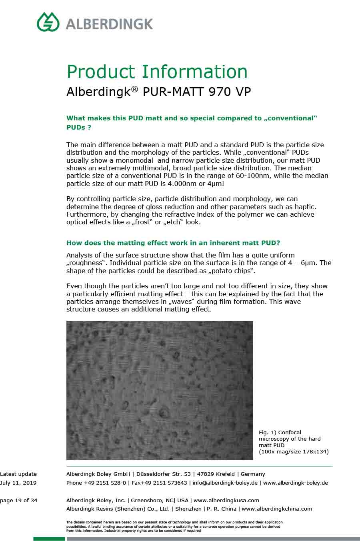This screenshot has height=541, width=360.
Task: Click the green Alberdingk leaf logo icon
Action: click(48, 22)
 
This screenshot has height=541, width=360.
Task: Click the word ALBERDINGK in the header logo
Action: click(109, 24)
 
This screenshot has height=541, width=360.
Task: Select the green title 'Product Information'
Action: click(157, 72)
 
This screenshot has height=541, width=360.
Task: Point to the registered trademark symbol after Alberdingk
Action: click(134, 89)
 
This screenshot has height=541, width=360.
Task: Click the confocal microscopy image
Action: click(160, 390)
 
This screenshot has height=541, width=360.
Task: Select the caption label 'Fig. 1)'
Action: click(267, 432)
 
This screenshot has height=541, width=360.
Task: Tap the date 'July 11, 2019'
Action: click(18, 483)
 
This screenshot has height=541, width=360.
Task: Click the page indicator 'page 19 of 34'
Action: click(19, 500)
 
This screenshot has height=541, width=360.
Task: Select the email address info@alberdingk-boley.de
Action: click(225, 483)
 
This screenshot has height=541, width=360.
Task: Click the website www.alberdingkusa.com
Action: click(226, 500)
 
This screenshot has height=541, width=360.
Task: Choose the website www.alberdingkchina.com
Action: click(277, 509)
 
